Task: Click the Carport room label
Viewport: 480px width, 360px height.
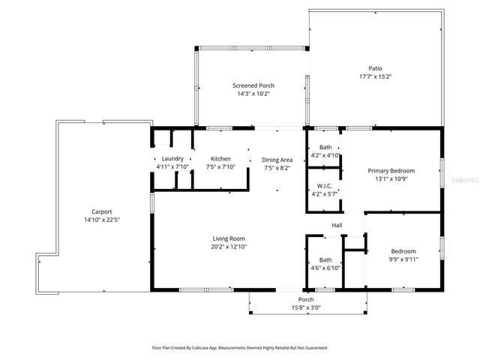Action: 102,212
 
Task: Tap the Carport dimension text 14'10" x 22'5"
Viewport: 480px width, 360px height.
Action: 102,220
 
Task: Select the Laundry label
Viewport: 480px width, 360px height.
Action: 172,159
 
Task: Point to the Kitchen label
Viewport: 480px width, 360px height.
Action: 220,159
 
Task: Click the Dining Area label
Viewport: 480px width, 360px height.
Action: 277,160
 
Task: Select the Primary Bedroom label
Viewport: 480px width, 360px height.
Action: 391,171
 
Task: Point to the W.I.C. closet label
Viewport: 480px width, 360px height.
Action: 325,186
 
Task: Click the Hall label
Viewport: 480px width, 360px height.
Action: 337,225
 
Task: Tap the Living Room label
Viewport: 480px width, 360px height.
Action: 229,238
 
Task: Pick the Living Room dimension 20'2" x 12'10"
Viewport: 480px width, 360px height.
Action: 229,247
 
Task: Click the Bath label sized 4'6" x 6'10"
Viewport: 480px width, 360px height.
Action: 325,259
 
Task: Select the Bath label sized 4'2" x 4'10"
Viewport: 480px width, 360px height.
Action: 325,148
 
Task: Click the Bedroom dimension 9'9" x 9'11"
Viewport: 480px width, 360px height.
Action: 403,259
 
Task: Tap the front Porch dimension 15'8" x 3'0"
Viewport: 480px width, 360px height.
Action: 307,307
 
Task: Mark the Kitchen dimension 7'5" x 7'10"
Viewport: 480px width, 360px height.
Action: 220,167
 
